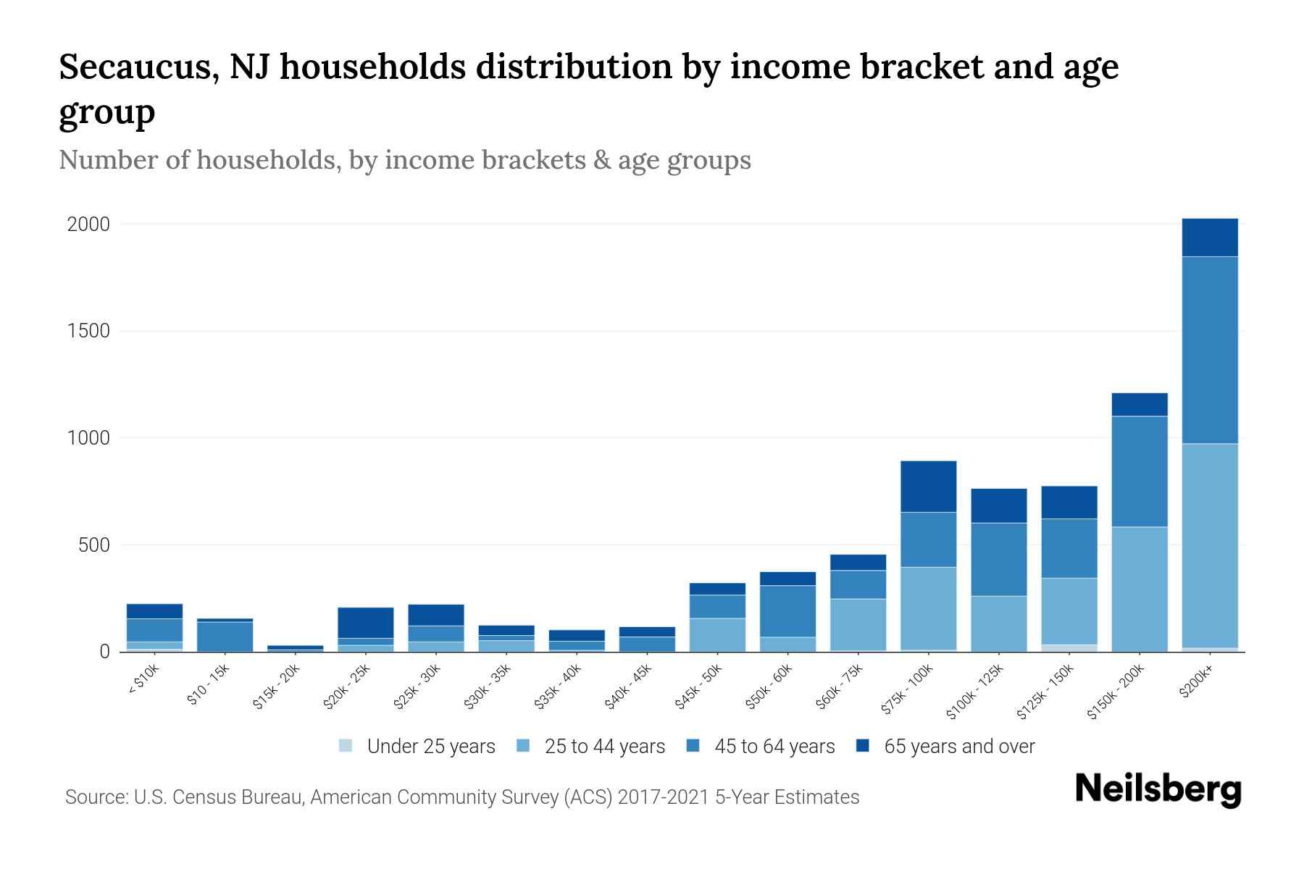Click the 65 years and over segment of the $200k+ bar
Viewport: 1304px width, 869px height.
tap(1209, 238)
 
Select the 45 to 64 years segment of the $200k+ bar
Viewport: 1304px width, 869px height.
tap(1209, 350)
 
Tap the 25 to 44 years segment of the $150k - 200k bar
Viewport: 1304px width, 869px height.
tap(1140, 589)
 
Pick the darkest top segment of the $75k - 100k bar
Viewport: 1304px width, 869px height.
tap(928, 487)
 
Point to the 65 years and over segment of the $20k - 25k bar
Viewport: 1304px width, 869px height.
tap(365, 623)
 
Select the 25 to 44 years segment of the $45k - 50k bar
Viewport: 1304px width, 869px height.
tap(717, 634)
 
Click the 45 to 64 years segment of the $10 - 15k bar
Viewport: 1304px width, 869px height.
tap(225, 637)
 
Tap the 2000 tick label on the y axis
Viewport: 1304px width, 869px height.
tap(88, 224)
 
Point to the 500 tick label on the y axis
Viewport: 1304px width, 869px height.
tap(94, 545)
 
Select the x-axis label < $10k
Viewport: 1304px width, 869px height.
tap(144, 680)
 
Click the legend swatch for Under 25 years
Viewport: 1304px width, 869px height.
tap(346, 745)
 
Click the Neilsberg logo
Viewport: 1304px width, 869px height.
tap(1158, 789)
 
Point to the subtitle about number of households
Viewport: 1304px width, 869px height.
tap(404, 160)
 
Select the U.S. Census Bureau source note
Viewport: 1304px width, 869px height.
tap(461, 797)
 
